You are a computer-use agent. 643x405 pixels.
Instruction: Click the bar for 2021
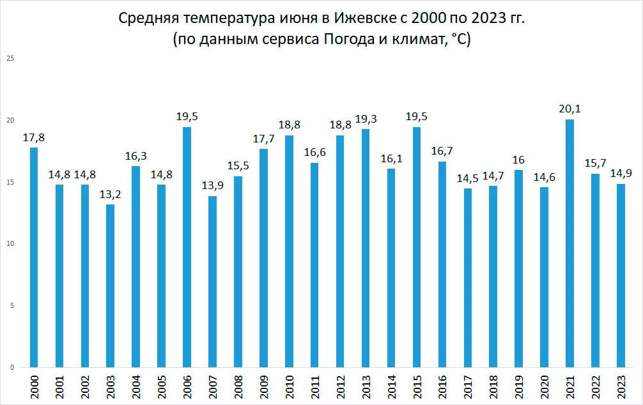point(569,243)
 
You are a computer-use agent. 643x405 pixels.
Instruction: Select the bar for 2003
point(111,286)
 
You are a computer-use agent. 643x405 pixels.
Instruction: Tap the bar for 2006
point(187,247)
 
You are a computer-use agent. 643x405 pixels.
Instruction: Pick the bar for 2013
point(366,248)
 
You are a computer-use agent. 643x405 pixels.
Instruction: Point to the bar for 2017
point(468,278)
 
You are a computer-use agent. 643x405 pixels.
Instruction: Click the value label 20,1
point(569,110)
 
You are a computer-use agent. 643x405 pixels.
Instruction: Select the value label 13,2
point(111,195)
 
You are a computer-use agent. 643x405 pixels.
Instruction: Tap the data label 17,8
point(34,138)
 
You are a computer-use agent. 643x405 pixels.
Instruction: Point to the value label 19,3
point(366,119)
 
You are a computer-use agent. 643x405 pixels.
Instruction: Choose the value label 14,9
point(621,174)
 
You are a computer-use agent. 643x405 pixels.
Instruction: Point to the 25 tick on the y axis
point(10,59)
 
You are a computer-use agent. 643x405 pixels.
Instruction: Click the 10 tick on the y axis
point(10,244)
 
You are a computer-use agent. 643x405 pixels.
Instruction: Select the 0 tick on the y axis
point(12,367)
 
